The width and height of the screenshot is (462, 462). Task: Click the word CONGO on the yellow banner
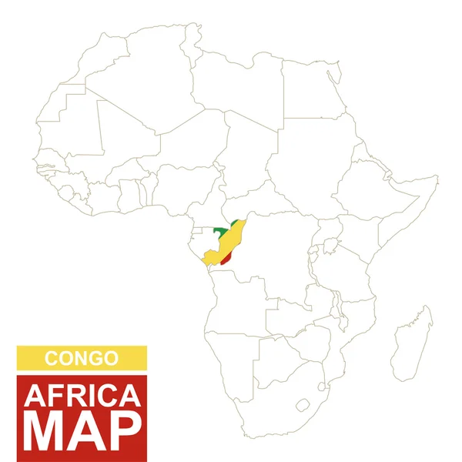tap(81, 358)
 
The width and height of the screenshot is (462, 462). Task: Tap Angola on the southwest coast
tap(235, 308)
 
